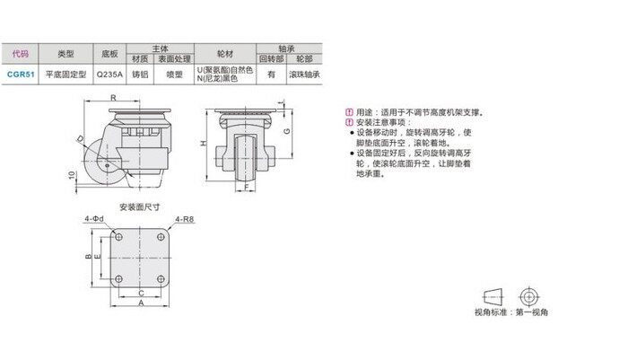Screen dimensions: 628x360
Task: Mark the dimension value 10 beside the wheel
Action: (71, 175)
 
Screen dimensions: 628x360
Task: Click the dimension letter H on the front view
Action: (205, 144)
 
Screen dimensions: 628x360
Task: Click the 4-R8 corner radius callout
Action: (186, 218)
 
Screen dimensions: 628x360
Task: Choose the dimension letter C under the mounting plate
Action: (141, 292)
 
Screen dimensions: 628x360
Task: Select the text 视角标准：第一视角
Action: (510, 313)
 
